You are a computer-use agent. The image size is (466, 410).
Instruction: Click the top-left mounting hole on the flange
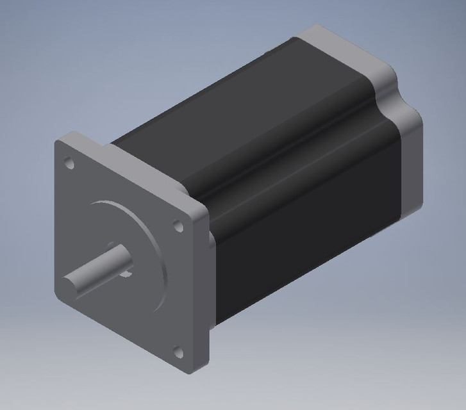[70, 165]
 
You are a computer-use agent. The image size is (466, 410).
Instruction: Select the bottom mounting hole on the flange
[178, 351]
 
